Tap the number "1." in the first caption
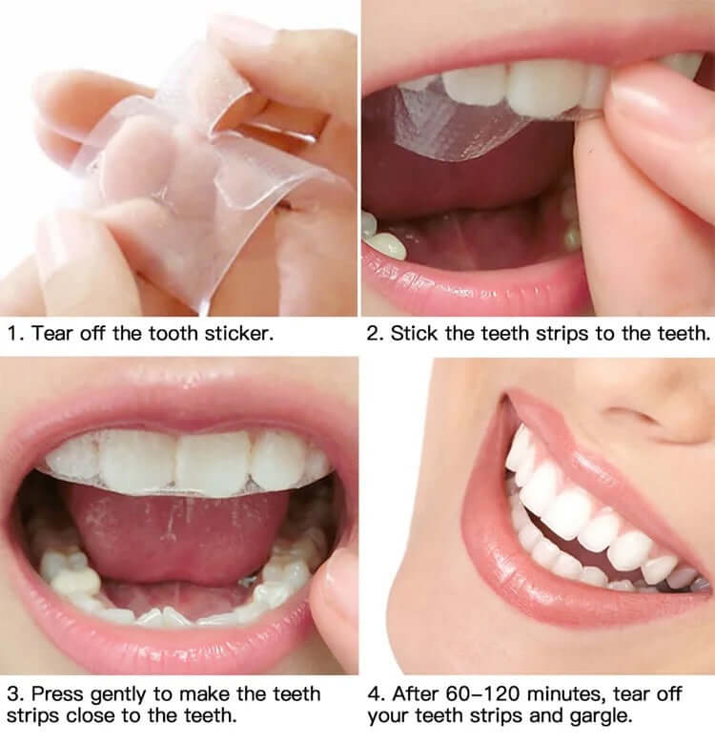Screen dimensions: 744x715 (14, 335)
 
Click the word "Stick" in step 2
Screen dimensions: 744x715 (412, 335)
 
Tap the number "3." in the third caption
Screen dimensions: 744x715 (14, 693)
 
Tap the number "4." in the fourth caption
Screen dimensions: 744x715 (376, 693)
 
